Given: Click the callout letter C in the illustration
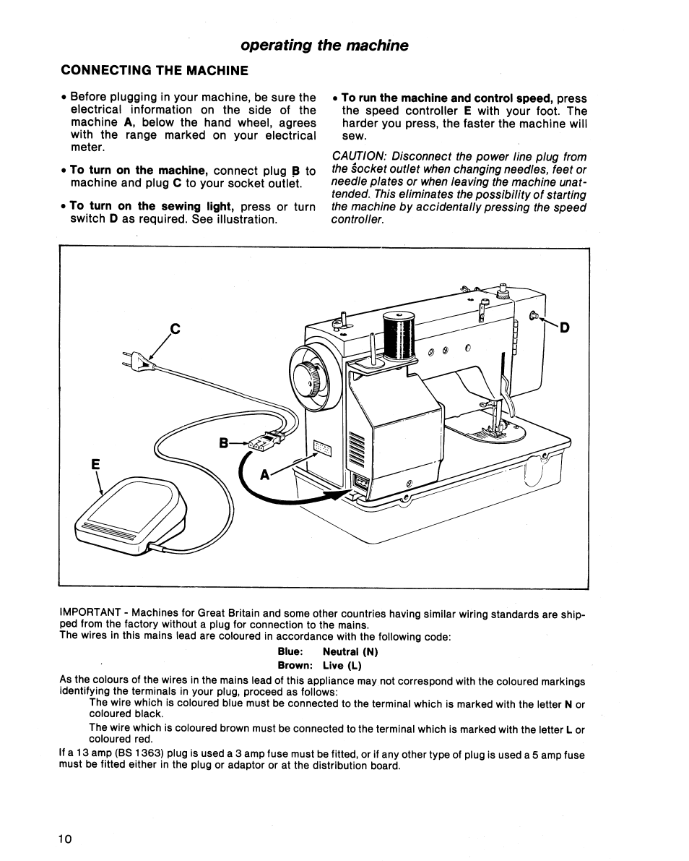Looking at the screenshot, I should [174, 329].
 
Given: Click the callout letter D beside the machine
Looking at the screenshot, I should [565, 327].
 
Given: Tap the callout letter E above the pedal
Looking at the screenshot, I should [94, 466].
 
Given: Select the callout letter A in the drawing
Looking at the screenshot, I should [265, 475].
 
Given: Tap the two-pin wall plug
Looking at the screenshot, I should [142, 361].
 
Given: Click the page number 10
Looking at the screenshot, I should [65, 839].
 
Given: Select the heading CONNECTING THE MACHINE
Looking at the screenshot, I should [155, 70].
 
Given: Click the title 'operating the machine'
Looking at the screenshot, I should [324, 46].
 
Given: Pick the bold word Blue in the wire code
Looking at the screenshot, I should [290, 651].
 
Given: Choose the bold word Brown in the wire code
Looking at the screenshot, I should [295, 665].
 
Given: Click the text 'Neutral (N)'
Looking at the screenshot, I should [350, 651].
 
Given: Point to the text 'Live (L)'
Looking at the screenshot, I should [342, 665].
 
